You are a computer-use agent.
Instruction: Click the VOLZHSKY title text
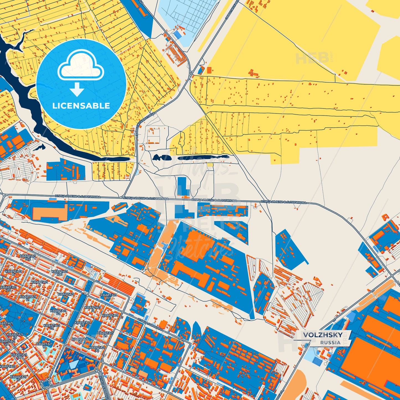click(x=322, y=335)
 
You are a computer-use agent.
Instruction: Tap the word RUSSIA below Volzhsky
click(x=331, y=342)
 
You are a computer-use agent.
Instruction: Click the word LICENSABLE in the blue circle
click(x=81, y=106)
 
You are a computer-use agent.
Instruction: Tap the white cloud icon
click(x=81, y=65)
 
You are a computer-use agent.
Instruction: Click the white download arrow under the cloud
click(x=77, y=89)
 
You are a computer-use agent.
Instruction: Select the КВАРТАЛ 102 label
click(x=28, y=257)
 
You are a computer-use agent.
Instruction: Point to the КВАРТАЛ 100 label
click(x=60, y=273)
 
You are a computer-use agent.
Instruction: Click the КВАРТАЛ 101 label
click(x=108, y=296)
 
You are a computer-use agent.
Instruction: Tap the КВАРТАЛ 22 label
click(x=58, y=312)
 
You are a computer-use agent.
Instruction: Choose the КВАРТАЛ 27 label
click(x=82, y=324)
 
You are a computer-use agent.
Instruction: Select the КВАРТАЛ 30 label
click(x=97, y=349)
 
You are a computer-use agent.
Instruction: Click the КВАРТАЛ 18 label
click(x=44, y=345)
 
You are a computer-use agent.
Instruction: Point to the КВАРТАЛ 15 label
click(x=18, y=378)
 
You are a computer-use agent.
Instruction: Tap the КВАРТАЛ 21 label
click(x=28, y=298)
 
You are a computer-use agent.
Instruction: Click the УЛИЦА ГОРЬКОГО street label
click(x=150, y=325)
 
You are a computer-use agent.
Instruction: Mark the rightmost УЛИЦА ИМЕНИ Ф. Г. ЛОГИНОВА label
click(x=283, y=202)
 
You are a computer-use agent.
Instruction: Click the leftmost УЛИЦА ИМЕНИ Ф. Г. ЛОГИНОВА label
click(x=78, y=197)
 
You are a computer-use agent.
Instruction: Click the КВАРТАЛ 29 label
click(x=105, y=334)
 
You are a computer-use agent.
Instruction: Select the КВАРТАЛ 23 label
click(x=51, y=327)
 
